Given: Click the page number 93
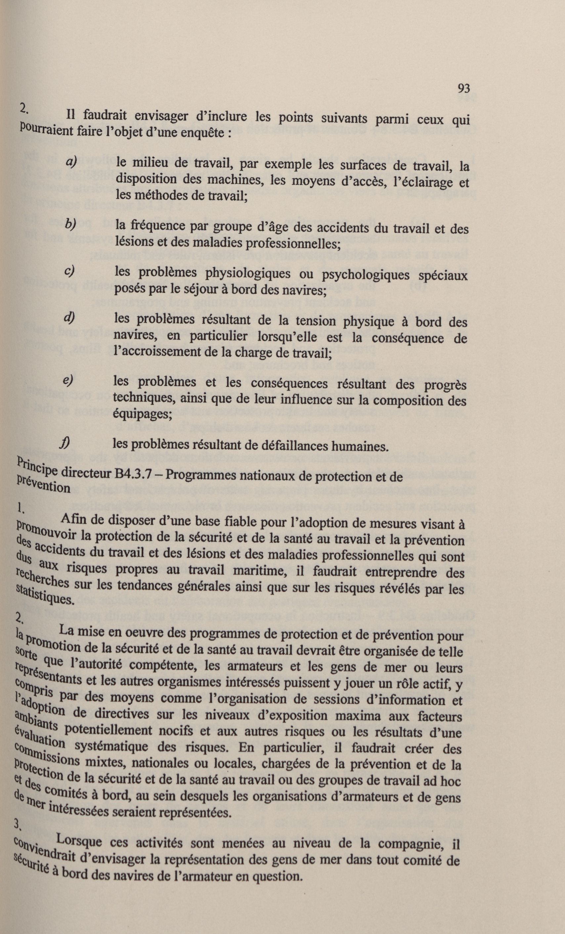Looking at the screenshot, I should (464, 89).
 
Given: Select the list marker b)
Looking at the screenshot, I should (70, 224).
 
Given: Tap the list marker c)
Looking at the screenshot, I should (69, 271).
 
